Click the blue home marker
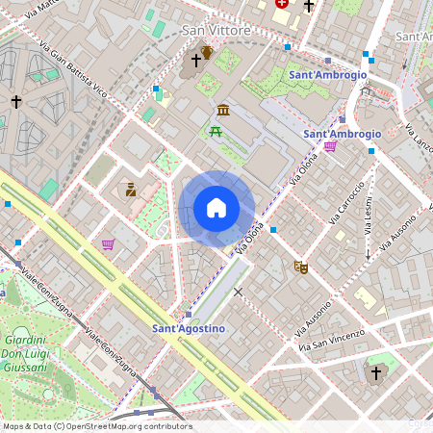216,208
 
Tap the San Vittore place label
216,31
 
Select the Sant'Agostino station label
189,329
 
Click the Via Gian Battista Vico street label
73,66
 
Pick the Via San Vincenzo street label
330,339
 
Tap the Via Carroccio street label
346,202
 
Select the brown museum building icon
223,110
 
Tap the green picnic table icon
216,132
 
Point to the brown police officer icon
130,190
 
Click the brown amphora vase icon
206,52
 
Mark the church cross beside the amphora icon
195,61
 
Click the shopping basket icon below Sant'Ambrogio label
331,147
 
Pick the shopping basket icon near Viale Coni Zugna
108,244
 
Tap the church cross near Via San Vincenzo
376,371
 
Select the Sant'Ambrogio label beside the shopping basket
342,134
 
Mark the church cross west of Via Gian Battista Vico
15,100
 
